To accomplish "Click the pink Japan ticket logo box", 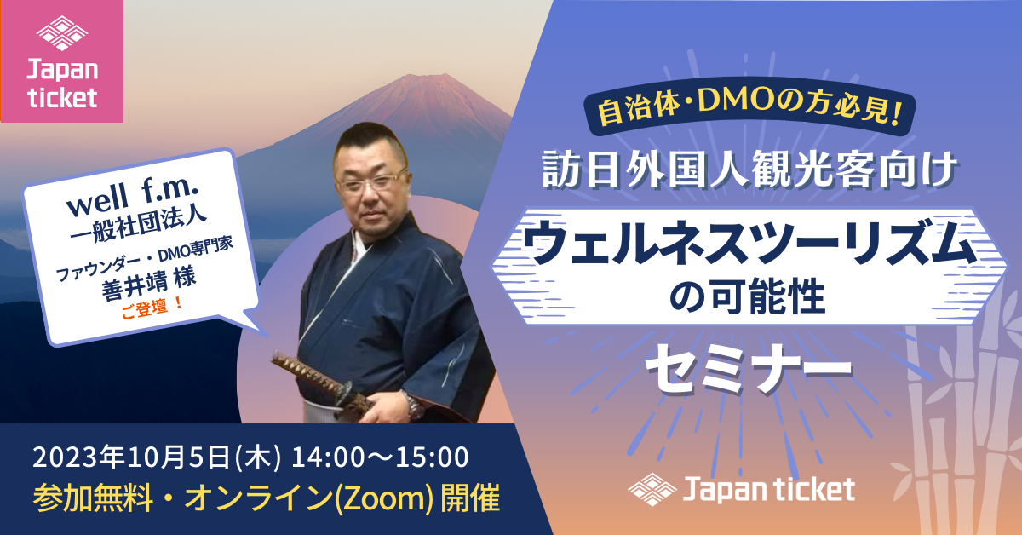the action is click(x=62, y=61).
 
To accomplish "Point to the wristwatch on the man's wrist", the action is click(x=413, y=405).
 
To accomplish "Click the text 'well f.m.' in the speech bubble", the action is click(x=133, y=197).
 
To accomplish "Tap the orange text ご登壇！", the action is click(x=152, y=308).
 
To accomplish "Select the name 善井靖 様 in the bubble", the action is click(x=149, y=284).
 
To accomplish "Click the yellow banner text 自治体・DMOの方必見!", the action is click(x=750, y=107).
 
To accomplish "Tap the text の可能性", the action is click(x=748, y=296).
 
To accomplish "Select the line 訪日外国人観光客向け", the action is click(x=749, y=170).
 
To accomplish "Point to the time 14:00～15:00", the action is click(x=380, y=457).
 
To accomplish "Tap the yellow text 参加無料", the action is click(x=93, y=498).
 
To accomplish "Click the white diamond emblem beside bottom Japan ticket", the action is click(x=652, y=489).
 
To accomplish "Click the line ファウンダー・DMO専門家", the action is click(x=144, y=259).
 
